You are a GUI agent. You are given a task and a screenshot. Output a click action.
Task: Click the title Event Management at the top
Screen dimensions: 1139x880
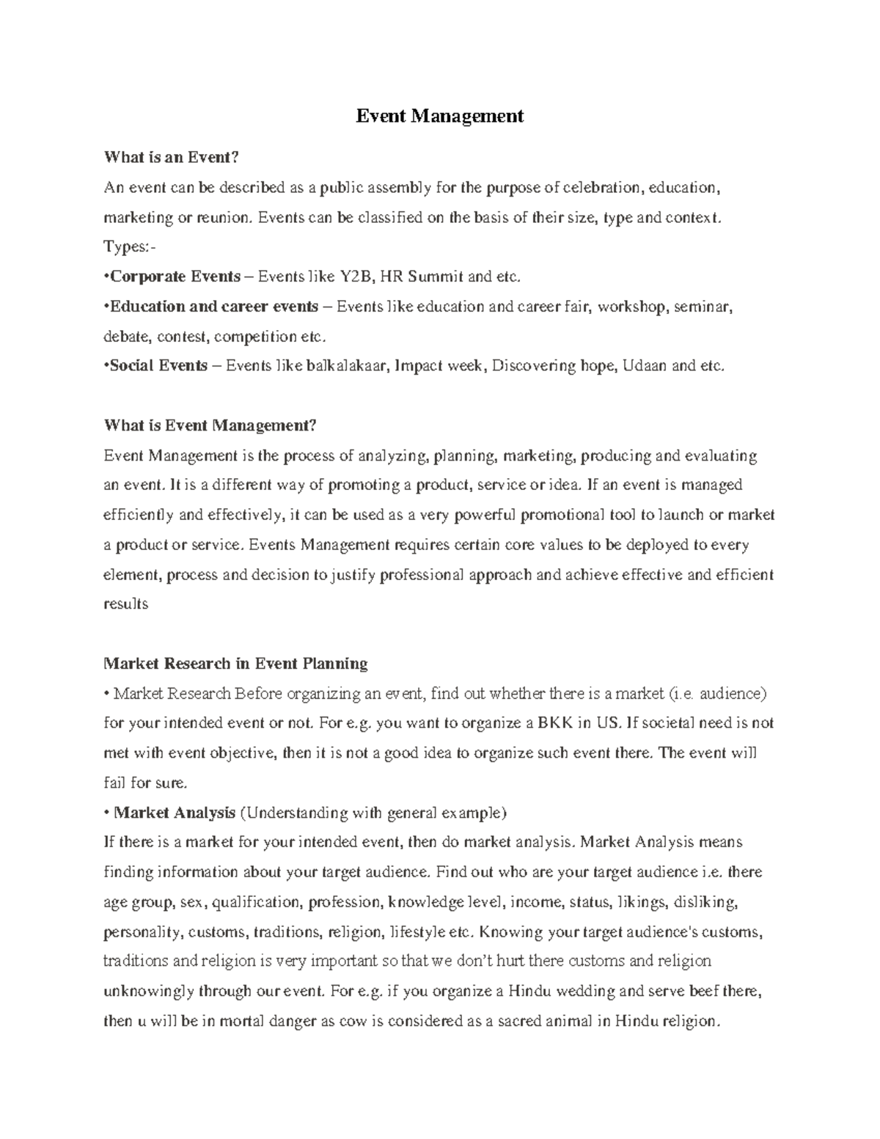coord(439,116)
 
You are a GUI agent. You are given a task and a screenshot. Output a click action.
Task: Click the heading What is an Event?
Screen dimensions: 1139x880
coord(172,157)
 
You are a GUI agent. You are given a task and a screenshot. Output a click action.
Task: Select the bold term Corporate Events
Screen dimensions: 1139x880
coord(175,276)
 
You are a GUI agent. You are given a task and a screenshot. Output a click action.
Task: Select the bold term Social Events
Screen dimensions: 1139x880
coord(158,365)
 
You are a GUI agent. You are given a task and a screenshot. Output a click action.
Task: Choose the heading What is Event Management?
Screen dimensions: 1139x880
coord(209,425)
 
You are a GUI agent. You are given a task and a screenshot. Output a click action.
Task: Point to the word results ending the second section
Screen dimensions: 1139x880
coord(126,604)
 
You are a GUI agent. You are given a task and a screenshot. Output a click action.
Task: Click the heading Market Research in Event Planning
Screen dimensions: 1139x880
coord(235,664)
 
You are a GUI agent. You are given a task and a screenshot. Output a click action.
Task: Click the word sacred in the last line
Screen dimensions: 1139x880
coord(517,1021)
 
